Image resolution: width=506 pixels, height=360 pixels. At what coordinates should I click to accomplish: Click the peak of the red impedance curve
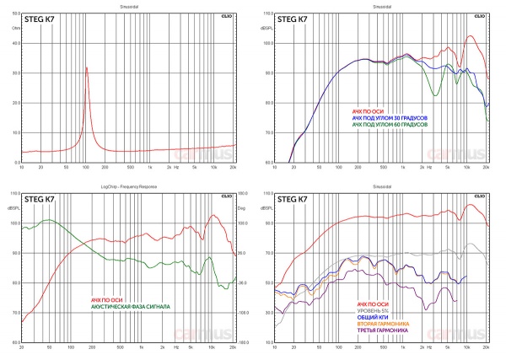tap(86, 68)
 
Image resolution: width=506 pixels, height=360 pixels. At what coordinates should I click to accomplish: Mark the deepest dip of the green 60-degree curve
tap(435, 94)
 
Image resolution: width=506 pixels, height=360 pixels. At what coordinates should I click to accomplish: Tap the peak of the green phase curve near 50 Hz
tap(47, 221)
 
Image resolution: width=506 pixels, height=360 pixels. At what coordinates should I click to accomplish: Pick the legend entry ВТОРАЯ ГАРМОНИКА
tap(385, 324)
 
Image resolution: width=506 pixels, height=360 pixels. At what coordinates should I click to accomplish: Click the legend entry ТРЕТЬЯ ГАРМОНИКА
tap(385, 330)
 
